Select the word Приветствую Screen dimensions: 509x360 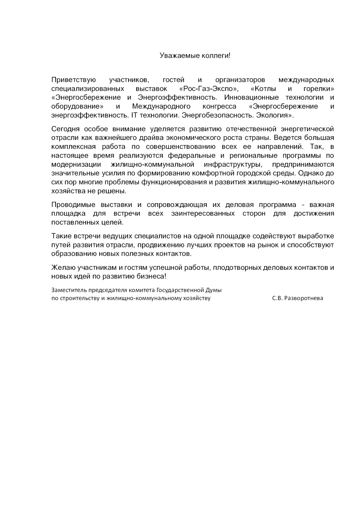coord(73,80)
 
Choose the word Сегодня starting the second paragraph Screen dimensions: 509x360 coord(64,129)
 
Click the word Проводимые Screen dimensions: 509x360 coord(71,204)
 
